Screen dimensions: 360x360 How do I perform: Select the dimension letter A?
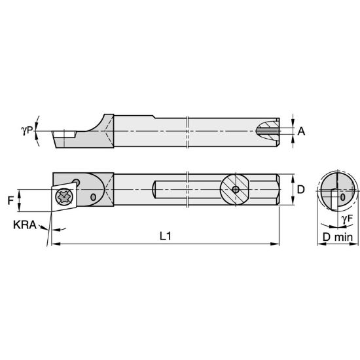(301, 132)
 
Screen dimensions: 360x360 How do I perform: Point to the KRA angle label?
(24, 225)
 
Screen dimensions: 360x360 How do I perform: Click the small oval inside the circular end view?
(342, 196)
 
